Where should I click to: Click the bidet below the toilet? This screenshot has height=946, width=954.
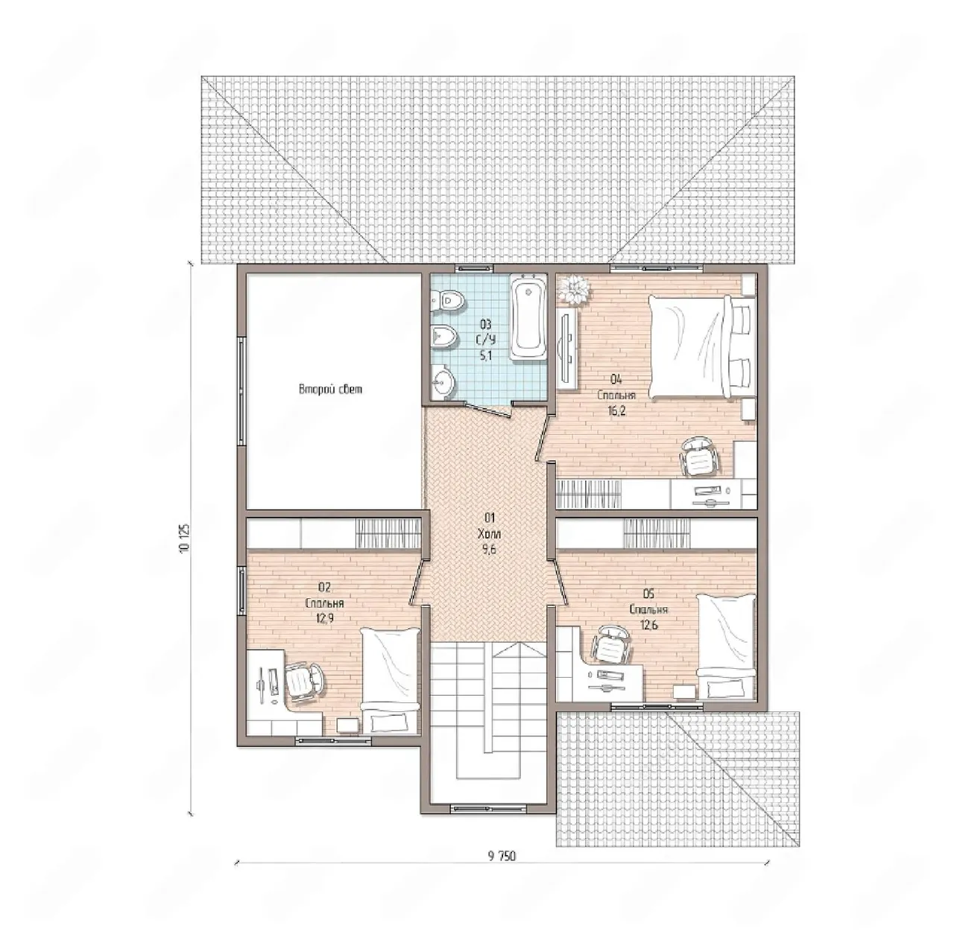tap(444, 337)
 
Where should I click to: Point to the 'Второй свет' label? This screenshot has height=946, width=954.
tap(331, 390)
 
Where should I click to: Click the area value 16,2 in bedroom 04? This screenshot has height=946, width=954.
tap(616, 410)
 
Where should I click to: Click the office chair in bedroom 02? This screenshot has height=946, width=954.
tap(303, 682)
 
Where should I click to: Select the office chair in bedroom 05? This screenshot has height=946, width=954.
tap(611, 646)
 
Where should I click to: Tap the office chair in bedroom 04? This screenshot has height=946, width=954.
tap(698, 456)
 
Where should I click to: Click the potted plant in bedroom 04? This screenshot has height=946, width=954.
tap(575, 290)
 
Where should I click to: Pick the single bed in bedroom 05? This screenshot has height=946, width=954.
tap(726, 648)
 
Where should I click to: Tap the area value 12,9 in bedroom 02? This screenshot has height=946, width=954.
tap(325, 618)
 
